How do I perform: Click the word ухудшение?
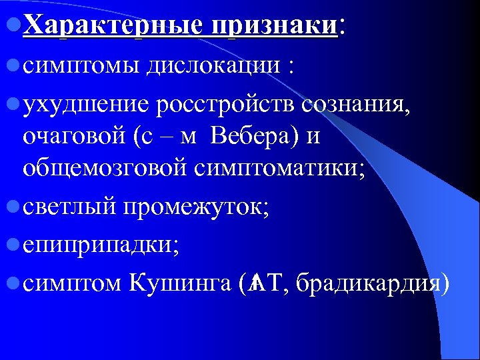pyautogui.click(x=86, y=104)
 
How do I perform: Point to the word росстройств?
pyautogui.click(x=227, y=104)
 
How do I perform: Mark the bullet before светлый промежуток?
pyautogui.click(x=14, y=209)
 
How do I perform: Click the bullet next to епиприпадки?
pyautogui.click(x=14, y=246)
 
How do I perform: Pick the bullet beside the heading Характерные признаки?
pyautogui.click(x=14, y=27)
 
